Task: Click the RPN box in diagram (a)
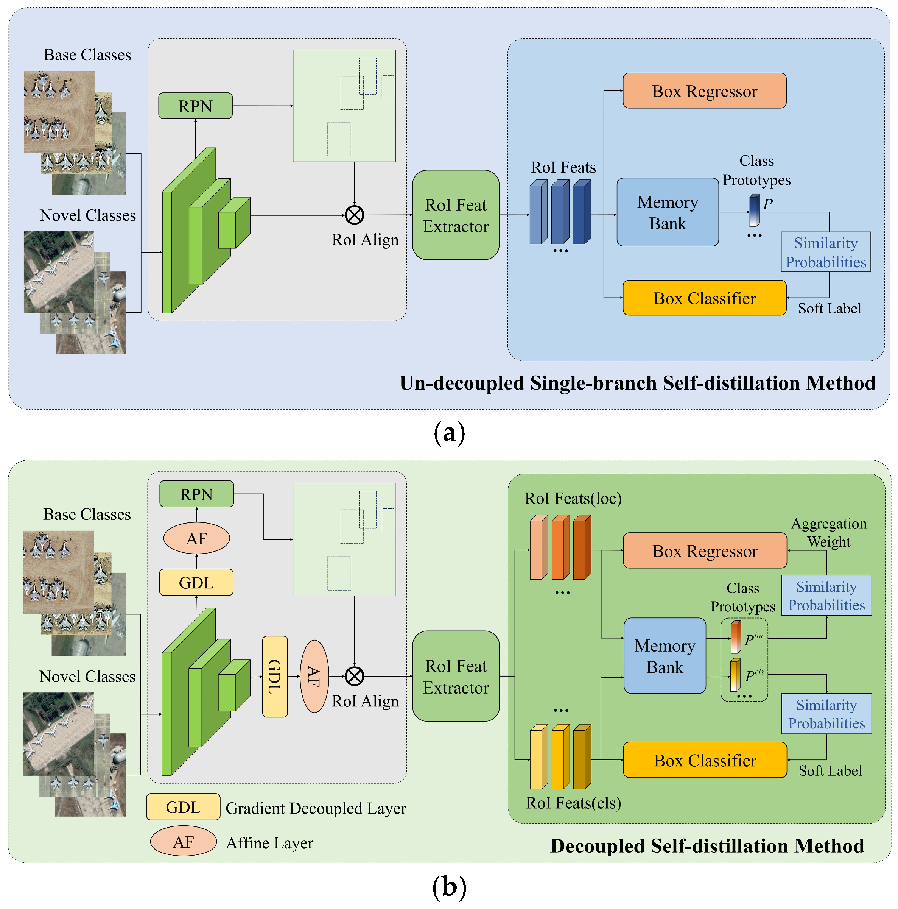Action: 195,106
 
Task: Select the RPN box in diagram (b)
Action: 196,494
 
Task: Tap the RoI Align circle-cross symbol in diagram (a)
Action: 354,215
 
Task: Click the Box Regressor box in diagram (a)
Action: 704,91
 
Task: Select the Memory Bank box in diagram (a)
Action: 667,212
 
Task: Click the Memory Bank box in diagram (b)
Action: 664,656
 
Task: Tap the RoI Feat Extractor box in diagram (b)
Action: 455,677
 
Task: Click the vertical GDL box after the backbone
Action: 275,677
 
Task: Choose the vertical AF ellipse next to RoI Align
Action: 314,677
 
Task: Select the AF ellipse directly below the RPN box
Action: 196,538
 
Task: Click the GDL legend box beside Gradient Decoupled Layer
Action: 183,808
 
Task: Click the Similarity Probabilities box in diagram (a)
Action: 826,252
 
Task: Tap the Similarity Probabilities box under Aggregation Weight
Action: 826,596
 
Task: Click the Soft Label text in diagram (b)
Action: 830,771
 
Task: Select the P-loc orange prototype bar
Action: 736,638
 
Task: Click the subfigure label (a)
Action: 449,432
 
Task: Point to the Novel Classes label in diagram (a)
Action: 87,215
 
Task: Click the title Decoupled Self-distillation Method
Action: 707,846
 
